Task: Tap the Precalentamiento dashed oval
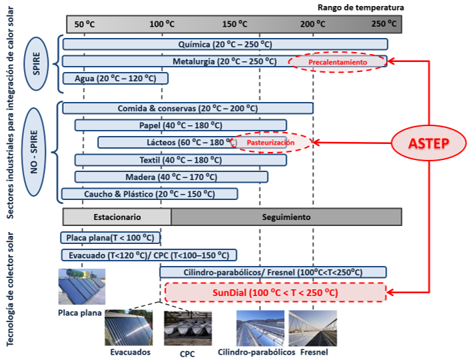point(338,62)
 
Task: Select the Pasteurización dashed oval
point(271,143)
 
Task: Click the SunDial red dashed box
point(275,293)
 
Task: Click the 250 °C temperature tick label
point(384,24)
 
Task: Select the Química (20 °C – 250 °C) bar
point(225,44)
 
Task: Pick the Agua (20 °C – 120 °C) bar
point(115,78)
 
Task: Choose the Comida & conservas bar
point(187,108)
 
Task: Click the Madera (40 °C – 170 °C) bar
point(171,177)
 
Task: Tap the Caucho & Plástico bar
point(149,194)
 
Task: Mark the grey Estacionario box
point(117,217)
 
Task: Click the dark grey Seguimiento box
point(286,217)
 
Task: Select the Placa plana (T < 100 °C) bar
point(111,238)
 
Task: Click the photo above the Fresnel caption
point(313,327)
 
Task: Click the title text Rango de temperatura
point(360,7)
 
